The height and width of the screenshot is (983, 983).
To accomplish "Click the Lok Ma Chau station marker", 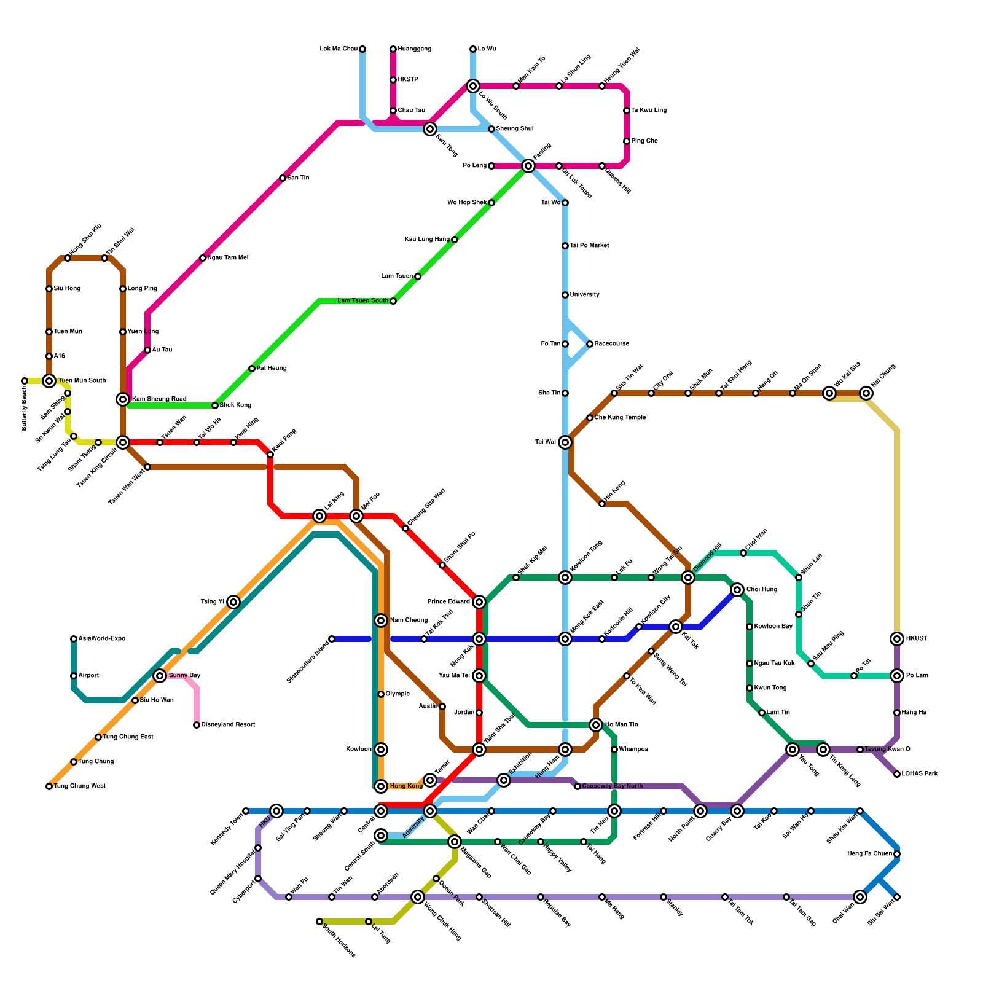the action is [x=362, y=49].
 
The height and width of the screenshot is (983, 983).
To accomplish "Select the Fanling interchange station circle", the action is [x=528, y=166].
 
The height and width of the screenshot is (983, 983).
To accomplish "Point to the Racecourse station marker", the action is [x=590, y=344].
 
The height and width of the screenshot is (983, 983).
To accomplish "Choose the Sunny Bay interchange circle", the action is [x=160, y=676].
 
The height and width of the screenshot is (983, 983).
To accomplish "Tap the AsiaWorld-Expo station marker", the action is [x=74, y=639].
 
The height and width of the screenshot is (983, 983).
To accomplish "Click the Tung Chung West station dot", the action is [x=49, y=786].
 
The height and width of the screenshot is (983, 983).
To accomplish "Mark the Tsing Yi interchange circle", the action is [x=233, y=602].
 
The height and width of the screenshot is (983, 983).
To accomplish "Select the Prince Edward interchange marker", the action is [x=479, y=602].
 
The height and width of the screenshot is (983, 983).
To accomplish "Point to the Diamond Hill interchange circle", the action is [x=688, y=578].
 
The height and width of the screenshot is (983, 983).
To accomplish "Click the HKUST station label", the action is [x=917, y=639].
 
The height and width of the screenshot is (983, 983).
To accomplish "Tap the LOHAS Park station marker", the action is [x=897, y=774].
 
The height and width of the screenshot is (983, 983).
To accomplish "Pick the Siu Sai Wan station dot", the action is [x=897, y=897].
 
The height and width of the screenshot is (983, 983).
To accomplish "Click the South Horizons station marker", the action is [x=319, y=922].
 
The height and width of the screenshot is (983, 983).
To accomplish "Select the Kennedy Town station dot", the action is [x=246, y=811].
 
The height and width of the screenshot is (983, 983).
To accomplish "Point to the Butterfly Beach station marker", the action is [x=25, y=381].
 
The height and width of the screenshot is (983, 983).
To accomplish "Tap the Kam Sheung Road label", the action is [x=159, y=399].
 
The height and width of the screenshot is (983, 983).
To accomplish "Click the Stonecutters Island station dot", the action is [x=332, y=639].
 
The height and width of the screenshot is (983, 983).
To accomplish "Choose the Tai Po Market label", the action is [x=589, y=246].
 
